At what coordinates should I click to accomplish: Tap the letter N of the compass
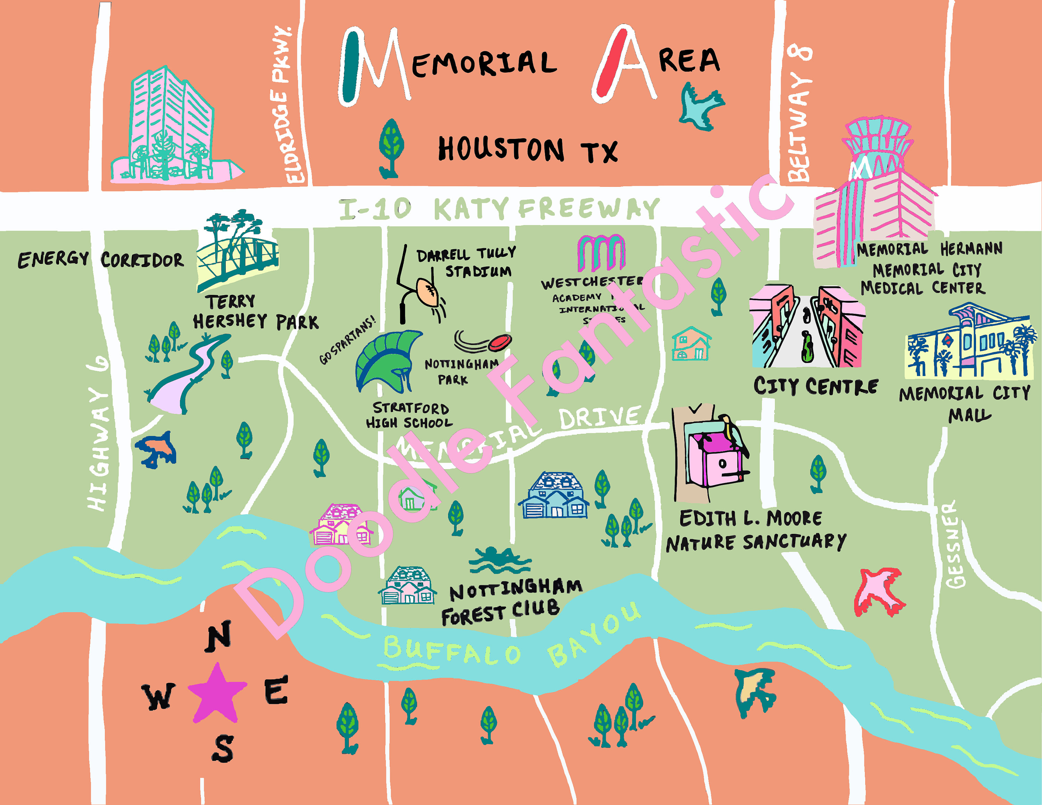pos(218,636)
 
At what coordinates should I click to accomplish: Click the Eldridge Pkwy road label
pos(287,105)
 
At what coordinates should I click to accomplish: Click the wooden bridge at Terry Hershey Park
pos(239,258)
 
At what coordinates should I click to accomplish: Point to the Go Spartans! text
pos(347,340)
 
